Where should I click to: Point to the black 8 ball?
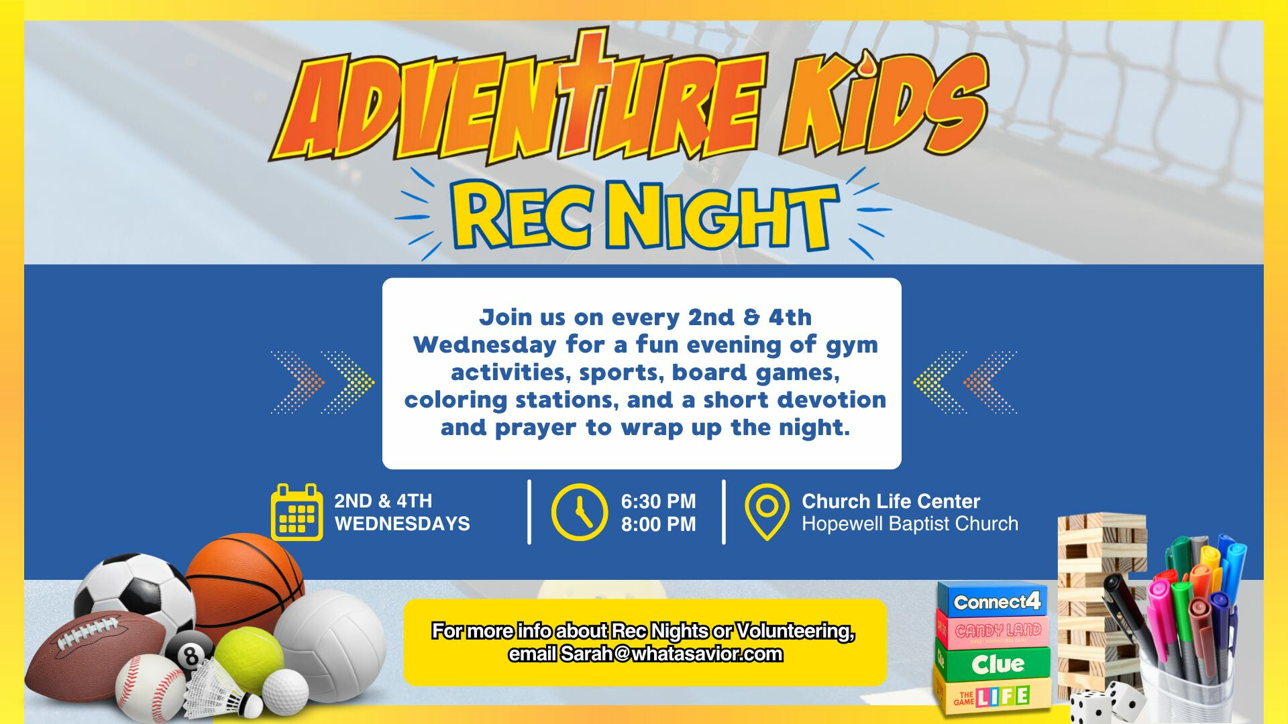tap(189, 653)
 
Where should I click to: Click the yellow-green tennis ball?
tap(249, 660)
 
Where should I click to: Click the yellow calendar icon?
tap(297, 512)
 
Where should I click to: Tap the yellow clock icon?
tap(579, 512)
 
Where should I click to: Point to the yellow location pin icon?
tap(767, 511)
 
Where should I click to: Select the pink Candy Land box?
tap(994, 630)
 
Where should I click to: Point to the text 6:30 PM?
tap(658, 501)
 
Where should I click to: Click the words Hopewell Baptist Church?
tap(910, 524)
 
